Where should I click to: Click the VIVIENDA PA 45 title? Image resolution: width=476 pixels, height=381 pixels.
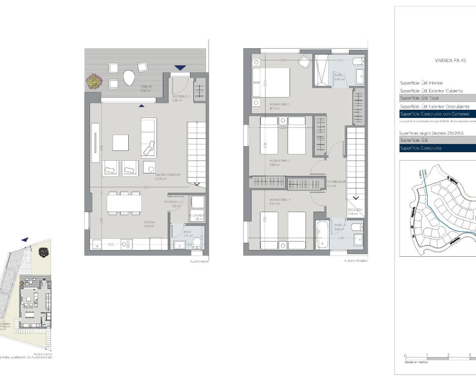click(450, 60)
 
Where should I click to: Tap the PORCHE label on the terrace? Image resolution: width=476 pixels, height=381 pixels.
click(146, 87)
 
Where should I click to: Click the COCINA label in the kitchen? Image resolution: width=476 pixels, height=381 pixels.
click(149, 222)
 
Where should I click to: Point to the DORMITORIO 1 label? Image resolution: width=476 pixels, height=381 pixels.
click(279, 105)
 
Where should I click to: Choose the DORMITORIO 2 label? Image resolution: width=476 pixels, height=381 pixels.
click(280, 161)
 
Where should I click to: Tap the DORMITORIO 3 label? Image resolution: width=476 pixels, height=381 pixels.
click(280, 200)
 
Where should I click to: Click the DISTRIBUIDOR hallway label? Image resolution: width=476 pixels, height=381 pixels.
click(336, 182)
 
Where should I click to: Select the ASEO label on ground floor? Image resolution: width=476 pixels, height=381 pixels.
click(187, 231)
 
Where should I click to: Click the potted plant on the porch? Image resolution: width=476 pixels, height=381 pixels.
click(93, 81)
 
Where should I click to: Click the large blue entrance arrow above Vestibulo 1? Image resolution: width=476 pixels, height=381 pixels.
click(180, 68)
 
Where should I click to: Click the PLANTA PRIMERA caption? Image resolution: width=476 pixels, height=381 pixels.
click(355, 261)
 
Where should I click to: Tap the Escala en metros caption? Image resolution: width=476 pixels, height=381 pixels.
click(416, 362)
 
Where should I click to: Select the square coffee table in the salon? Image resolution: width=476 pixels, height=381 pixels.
click(120, 143)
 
